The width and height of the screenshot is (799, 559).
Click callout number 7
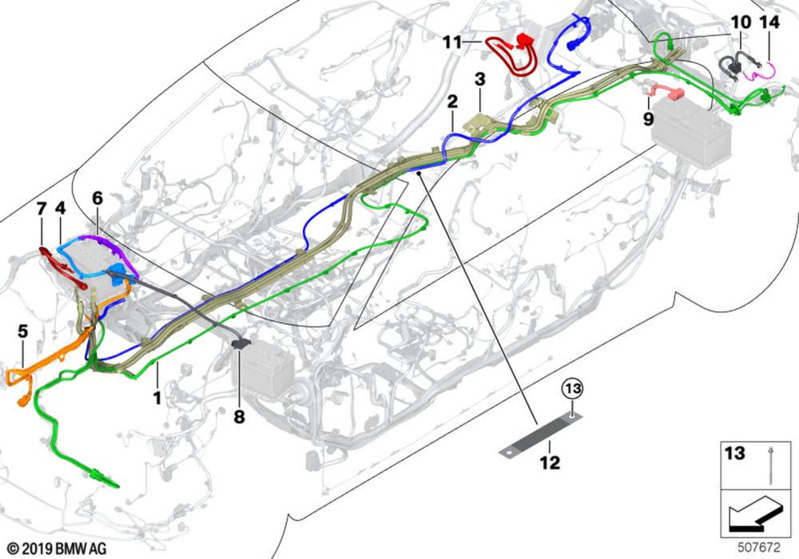41,209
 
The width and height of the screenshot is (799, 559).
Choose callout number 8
240,416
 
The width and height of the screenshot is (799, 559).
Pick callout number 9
648,118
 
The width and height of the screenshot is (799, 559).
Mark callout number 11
452,42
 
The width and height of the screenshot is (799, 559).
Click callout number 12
549,462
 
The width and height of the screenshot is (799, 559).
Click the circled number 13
572,389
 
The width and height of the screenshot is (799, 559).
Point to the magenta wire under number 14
760,73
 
